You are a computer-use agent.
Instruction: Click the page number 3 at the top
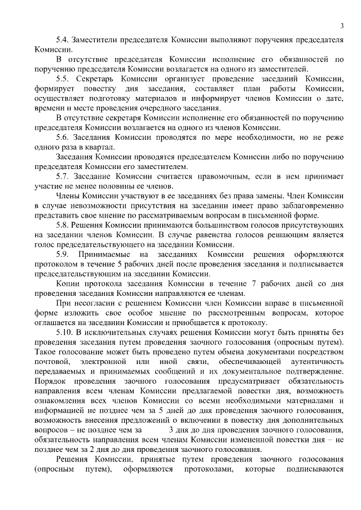(x=342, y=25)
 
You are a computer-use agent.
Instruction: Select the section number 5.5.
(x=63, y=79)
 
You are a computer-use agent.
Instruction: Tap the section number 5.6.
(x=63, y=137)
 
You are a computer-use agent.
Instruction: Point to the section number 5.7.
(x=63, y=176)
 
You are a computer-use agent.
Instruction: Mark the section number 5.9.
(x=63, y=255)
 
